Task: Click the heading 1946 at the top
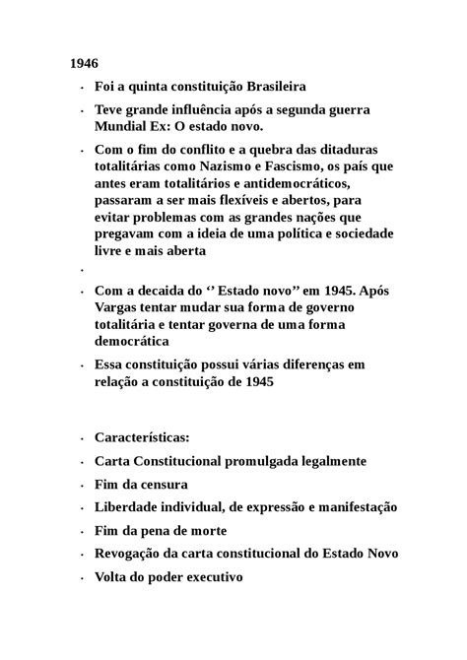click(x=85, y=63)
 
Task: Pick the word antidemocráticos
click(x=300, y=184)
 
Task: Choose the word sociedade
click(x=360, y=234)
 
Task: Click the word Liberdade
click(x=130, y=507)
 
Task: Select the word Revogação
click(x=134, y=554)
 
